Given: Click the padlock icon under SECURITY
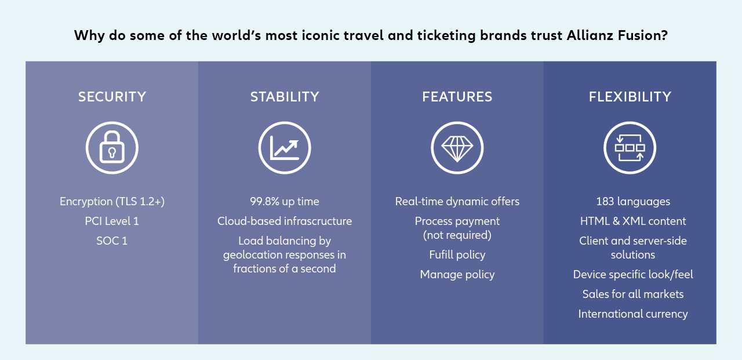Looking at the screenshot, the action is point(112,148).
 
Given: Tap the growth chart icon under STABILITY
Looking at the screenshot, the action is point(285,148).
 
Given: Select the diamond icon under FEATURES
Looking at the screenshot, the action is point(457,148).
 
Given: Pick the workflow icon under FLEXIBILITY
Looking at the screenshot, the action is point(630,148).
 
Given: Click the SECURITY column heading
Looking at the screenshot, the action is point(112,97).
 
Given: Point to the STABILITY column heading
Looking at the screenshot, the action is point(285,97).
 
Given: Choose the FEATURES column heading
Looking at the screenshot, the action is point(457,97).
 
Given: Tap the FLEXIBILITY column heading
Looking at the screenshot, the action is point(630,97).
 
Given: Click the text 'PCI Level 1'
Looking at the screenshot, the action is point(112,221).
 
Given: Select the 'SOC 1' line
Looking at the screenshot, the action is point(112,241).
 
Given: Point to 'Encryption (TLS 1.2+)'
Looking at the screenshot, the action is point(112,201).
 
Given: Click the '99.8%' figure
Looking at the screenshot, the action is point(265,201).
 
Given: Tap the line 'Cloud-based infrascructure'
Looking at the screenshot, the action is point(285,221).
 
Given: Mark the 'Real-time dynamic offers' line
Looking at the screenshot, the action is point(457,201).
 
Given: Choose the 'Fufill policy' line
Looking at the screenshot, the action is point(457,254).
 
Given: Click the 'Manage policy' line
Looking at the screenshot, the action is point(457,274).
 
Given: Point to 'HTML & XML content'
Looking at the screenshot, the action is point(633,221).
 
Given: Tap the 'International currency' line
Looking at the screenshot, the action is point(633,314).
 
